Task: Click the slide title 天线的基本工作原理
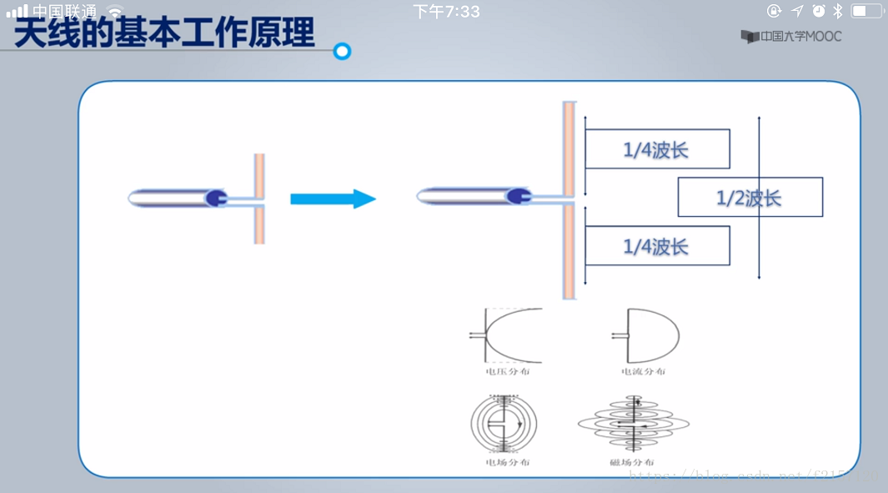click(x=164, y=33)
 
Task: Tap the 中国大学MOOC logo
click(x=790, y=37)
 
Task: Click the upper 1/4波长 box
click(x=656, y=149)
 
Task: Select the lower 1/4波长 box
click(x=656, y=246)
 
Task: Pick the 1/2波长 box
click(x=750, y=198)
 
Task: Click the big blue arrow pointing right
click(x=333, y=199)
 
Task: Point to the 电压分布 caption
click(x=507, y=372)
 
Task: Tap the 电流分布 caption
click(x=643, y=372)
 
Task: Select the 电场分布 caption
click(x=507, y=462)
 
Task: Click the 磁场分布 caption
click(x=631, y=462)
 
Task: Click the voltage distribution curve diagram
click(x=506, y=335)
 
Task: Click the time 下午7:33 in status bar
click(x=446, y=12)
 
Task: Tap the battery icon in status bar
click(x=866, y=11)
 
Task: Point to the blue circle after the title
click(x=342, y=52)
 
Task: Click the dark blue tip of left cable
click(x=216, y=198)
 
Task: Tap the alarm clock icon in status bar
click(x=819, y=11)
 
